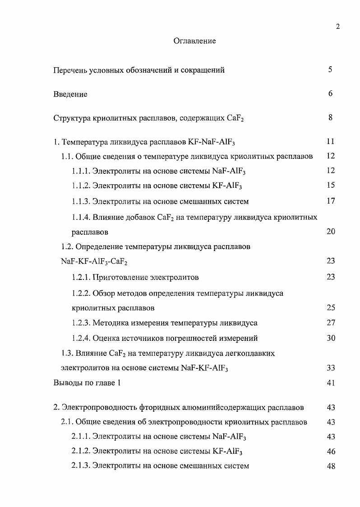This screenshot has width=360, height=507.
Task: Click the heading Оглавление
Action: click(194, 41)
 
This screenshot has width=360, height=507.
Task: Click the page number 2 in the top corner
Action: click(337, 27)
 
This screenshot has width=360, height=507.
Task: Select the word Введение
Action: click(70, 94)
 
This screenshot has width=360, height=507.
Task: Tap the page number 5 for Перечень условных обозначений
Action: click(330, 70)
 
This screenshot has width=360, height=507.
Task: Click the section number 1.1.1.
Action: click(81, 171)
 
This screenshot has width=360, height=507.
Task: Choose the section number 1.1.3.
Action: click(81, 201)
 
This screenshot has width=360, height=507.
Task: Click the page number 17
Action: click(331, 201)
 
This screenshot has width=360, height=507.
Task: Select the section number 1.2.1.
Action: click(81, 277)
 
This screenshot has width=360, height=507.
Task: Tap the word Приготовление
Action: click(118, 277)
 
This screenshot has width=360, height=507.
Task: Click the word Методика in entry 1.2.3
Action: click(110, 323)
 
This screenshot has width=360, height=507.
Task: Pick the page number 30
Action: click(331, 338)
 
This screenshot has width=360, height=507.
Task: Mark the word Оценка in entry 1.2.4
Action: click(106, 338)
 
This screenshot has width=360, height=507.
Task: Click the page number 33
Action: click(331, 368)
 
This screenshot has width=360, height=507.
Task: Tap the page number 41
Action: click(331, 383)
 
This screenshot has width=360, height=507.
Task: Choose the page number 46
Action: click(331, 451)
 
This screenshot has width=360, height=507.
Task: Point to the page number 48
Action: click(331, 466)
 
